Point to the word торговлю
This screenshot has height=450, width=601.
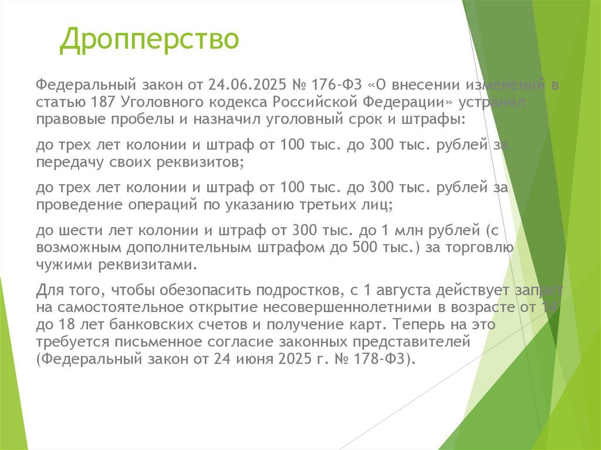[x=482, y=247]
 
